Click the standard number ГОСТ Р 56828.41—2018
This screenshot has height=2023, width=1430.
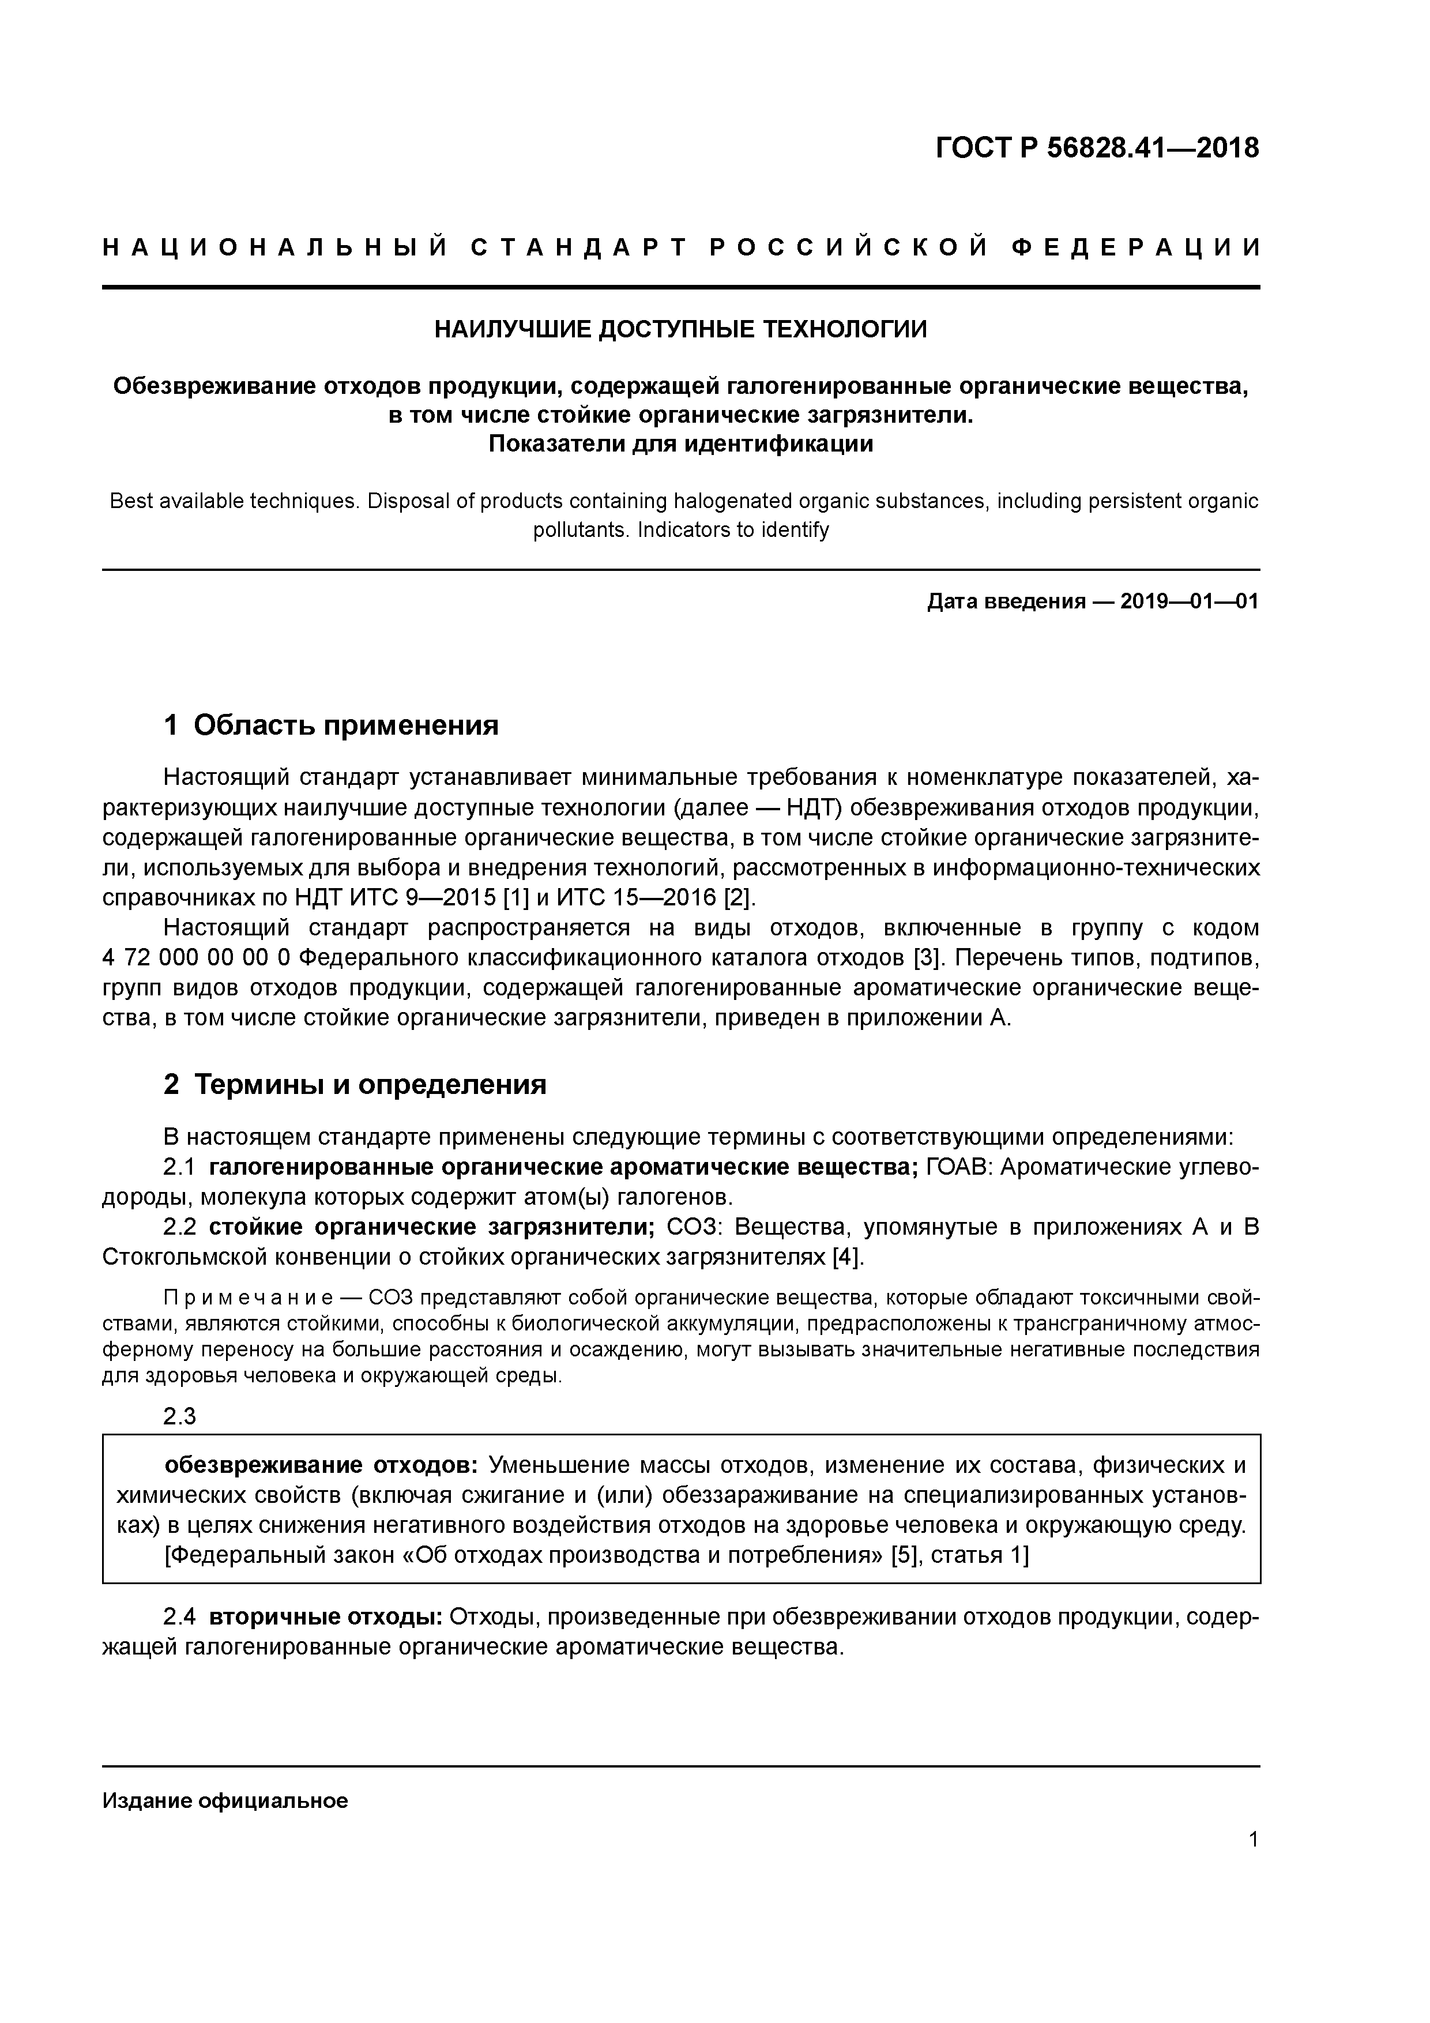(x=1097, y=148)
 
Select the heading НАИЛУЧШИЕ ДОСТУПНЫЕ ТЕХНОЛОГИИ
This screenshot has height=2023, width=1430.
(x=680, y=329)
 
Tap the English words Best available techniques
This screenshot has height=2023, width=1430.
(x=234, y=501)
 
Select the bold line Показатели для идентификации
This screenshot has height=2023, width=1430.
(x=680, y=444)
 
